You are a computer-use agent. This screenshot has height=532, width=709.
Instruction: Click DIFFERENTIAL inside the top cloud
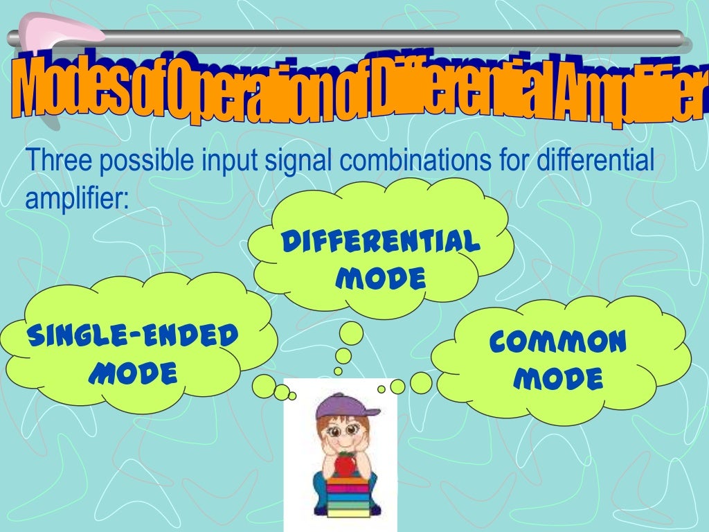coord(380,243)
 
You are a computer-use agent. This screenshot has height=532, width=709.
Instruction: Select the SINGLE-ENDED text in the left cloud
coord(132,337)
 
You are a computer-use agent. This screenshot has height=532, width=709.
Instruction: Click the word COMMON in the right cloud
coord(558,342)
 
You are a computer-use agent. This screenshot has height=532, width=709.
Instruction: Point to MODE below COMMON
coord(562,378)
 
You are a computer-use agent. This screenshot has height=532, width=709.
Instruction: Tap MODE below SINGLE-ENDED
coord(134,374)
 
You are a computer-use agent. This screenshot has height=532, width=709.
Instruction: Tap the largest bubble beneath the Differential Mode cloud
coord(350,334)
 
